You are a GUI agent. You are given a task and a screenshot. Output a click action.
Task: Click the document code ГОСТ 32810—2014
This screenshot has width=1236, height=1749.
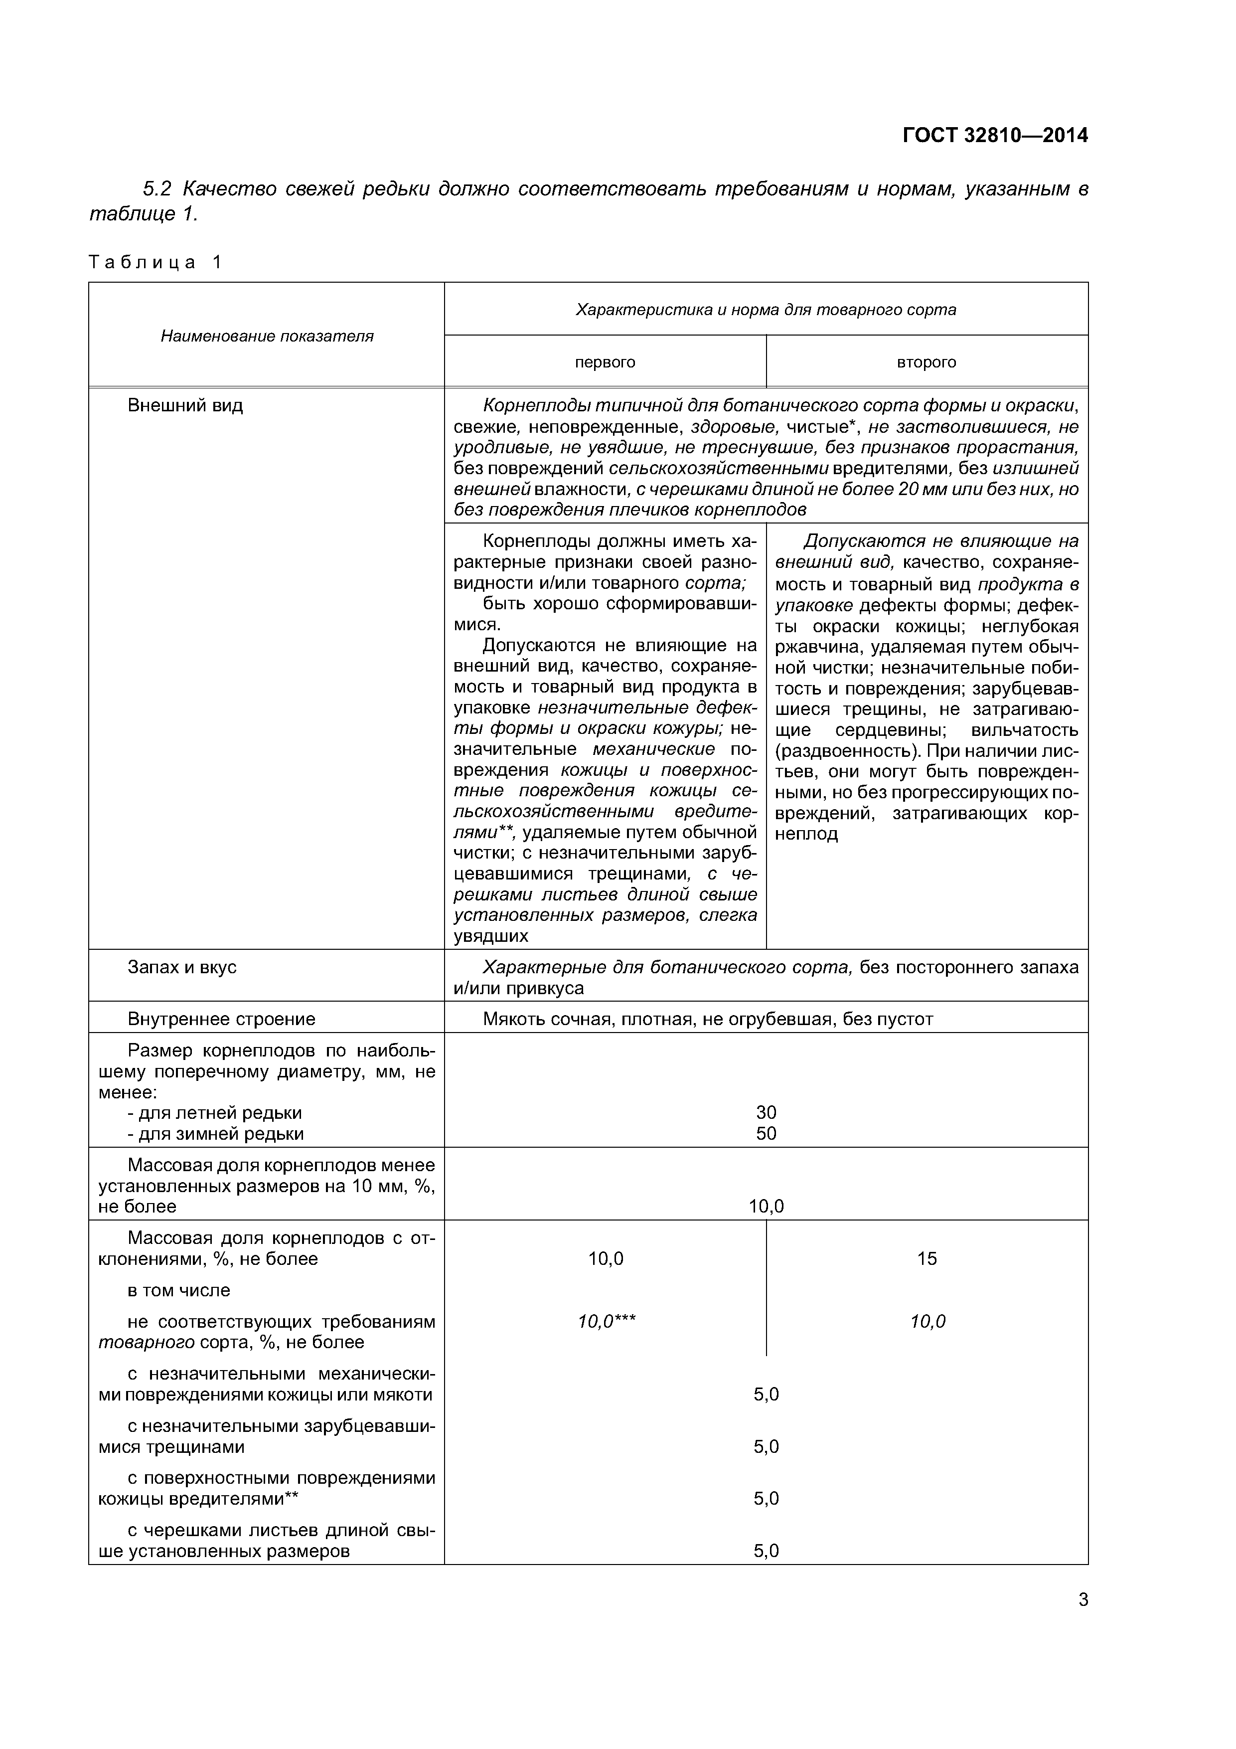click(x=995, y=136)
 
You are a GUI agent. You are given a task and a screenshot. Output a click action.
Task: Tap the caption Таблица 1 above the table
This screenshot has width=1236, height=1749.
click(x=154, y=262)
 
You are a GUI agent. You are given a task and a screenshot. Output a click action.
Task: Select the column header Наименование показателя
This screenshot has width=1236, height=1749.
click(x=267, y=336)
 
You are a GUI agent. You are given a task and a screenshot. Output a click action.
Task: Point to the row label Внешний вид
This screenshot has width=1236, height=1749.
click(x=185, y=405)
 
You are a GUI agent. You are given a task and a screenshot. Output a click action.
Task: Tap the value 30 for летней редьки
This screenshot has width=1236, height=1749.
click(x=766, y=1113)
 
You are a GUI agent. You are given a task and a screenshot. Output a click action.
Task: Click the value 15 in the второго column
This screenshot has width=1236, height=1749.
click(x=927, y=1258)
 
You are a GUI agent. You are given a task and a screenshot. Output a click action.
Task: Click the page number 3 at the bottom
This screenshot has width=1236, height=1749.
click(x=1083, y=1600)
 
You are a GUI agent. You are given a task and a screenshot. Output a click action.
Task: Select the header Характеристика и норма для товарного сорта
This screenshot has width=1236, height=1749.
click(x=766, y=309)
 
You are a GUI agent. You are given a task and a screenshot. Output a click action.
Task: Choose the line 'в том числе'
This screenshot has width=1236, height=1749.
click(x=179, y=1290)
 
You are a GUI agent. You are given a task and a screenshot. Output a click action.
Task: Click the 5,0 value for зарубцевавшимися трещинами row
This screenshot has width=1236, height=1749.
click(x=766, y=1446)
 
